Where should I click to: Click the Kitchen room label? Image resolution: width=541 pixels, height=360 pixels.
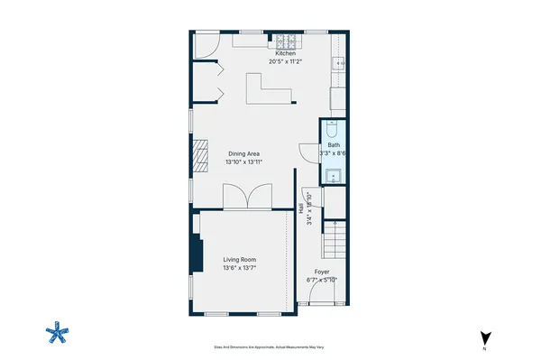click(x=286, y=54)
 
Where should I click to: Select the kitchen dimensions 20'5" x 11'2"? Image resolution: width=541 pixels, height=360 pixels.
click(x=286, y=62)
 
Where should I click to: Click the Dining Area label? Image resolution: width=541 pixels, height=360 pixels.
click(x=244, y=153)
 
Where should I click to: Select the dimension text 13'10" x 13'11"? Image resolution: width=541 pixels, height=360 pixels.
click(x=244, y=162)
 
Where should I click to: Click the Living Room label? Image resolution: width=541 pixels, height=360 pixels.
click(x=241, y=261)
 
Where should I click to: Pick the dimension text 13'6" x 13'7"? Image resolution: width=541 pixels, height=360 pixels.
click(x=241, y=269)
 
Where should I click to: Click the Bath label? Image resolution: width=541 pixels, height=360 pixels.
click(x=334, y=145)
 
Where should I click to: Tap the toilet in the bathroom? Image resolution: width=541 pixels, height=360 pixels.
click(x=333, y=129)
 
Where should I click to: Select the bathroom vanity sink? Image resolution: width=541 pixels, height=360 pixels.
click(x=333, y=174)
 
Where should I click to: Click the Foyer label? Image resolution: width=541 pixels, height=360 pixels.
click(x=322, y=272)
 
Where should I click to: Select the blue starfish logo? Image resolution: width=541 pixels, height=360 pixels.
click(x=58, y=334)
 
